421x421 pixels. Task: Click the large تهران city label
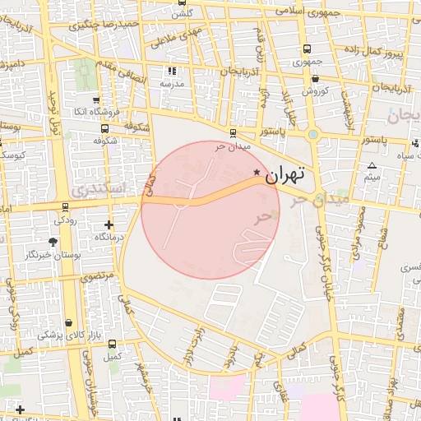click(x=285, y=174)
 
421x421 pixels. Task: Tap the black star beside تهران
click(x=257, y=173)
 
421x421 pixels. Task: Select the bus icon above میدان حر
click(x=233, y=132)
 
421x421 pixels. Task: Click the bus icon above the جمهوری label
click(x=307, y=49)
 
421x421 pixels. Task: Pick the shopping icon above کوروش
click(x=315, y=79)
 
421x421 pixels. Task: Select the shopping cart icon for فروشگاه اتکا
click(x=97, y=99)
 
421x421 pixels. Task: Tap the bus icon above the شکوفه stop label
click(x=104, y=128)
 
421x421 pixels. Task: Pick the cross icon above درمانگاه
click(x=109, y=224)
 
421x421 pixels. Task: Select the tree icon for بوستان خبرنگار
click(x=53, y=242)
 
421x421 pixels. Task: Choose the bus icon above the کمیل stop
click(x=112, y=345)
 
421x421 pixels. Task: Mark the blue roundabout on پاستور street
click(x=313, y=134)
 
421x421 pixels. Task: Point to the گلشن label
click(x=182, y=14)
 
